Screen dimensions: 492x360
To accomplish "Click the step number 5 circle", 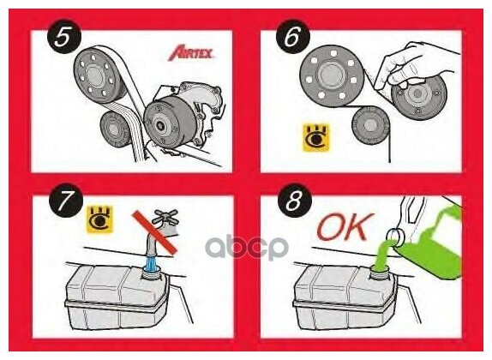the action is [64, 37].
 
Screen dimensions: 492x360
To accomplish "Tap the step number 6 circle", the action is [293, 37].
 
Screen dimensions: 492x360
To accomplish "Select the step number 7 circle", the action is [66, 201].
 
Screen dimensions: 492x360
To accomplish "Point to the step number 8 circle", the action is [294, 201].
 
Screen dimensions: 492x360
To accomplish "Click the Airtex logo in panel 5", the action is [191, 53].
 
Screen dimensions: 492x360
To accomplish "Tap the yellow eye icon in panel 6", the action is [316, 137].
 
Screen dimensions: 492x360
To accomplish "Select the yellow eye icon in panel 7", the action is [99, 219].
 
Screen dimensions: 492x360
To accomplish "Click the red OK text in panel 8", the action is [345, 226].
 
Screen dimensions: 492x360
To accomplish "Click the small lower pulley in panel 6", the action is [370, 125].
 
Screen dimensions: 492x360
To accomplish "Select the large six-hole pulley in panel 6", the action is [331, 75].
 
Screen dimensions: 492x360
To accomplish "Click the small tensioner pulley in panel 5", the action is [117, 129].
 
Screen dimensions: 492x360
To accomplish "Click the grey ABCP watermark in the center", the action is [247, 247].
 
